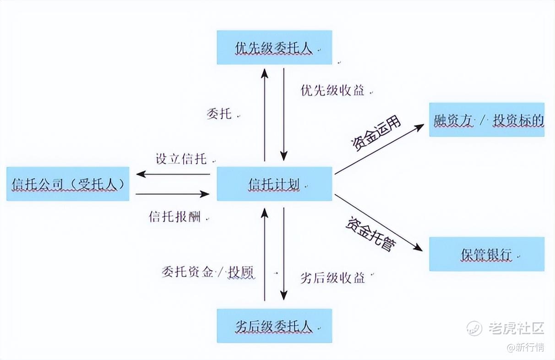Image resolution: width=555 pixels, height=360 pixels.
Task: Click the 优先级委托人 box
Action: coord(274,47)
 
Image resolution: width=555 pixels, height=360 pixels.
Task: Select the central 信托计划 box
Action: coord(274,184)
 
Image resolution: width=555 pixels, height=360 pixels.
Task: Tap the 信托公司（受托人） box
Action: coord(68,184)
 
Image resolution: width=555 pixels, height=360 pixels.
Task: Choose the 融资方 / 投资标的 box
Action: coord(486,120)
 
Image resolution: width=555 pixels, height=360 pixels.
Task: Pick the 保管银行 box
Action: coord(486,254)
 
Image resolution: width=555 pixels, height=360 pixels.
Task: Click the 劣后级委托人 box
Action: coord(274,326)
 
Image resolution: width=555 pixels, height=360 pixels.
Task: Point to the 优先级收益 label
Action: coord(332,90)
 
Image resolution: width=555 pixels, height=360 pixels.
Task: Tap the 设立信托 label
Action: coord(181,159)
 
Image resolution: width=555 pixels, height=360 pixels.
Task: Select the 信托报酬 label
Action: coord(175,216)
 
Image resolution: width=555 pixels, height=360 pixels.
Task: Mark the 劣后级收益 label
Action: coord(332,278)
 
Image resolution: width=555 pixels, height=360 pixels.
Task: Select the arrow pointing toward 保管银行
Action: coord(378,222)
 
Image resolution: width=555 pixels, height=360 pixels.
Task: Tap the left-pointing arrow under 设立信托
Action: coord(173,174)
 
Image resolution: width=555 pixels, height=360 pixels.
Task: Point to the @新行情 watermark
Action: coord(525,347)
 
